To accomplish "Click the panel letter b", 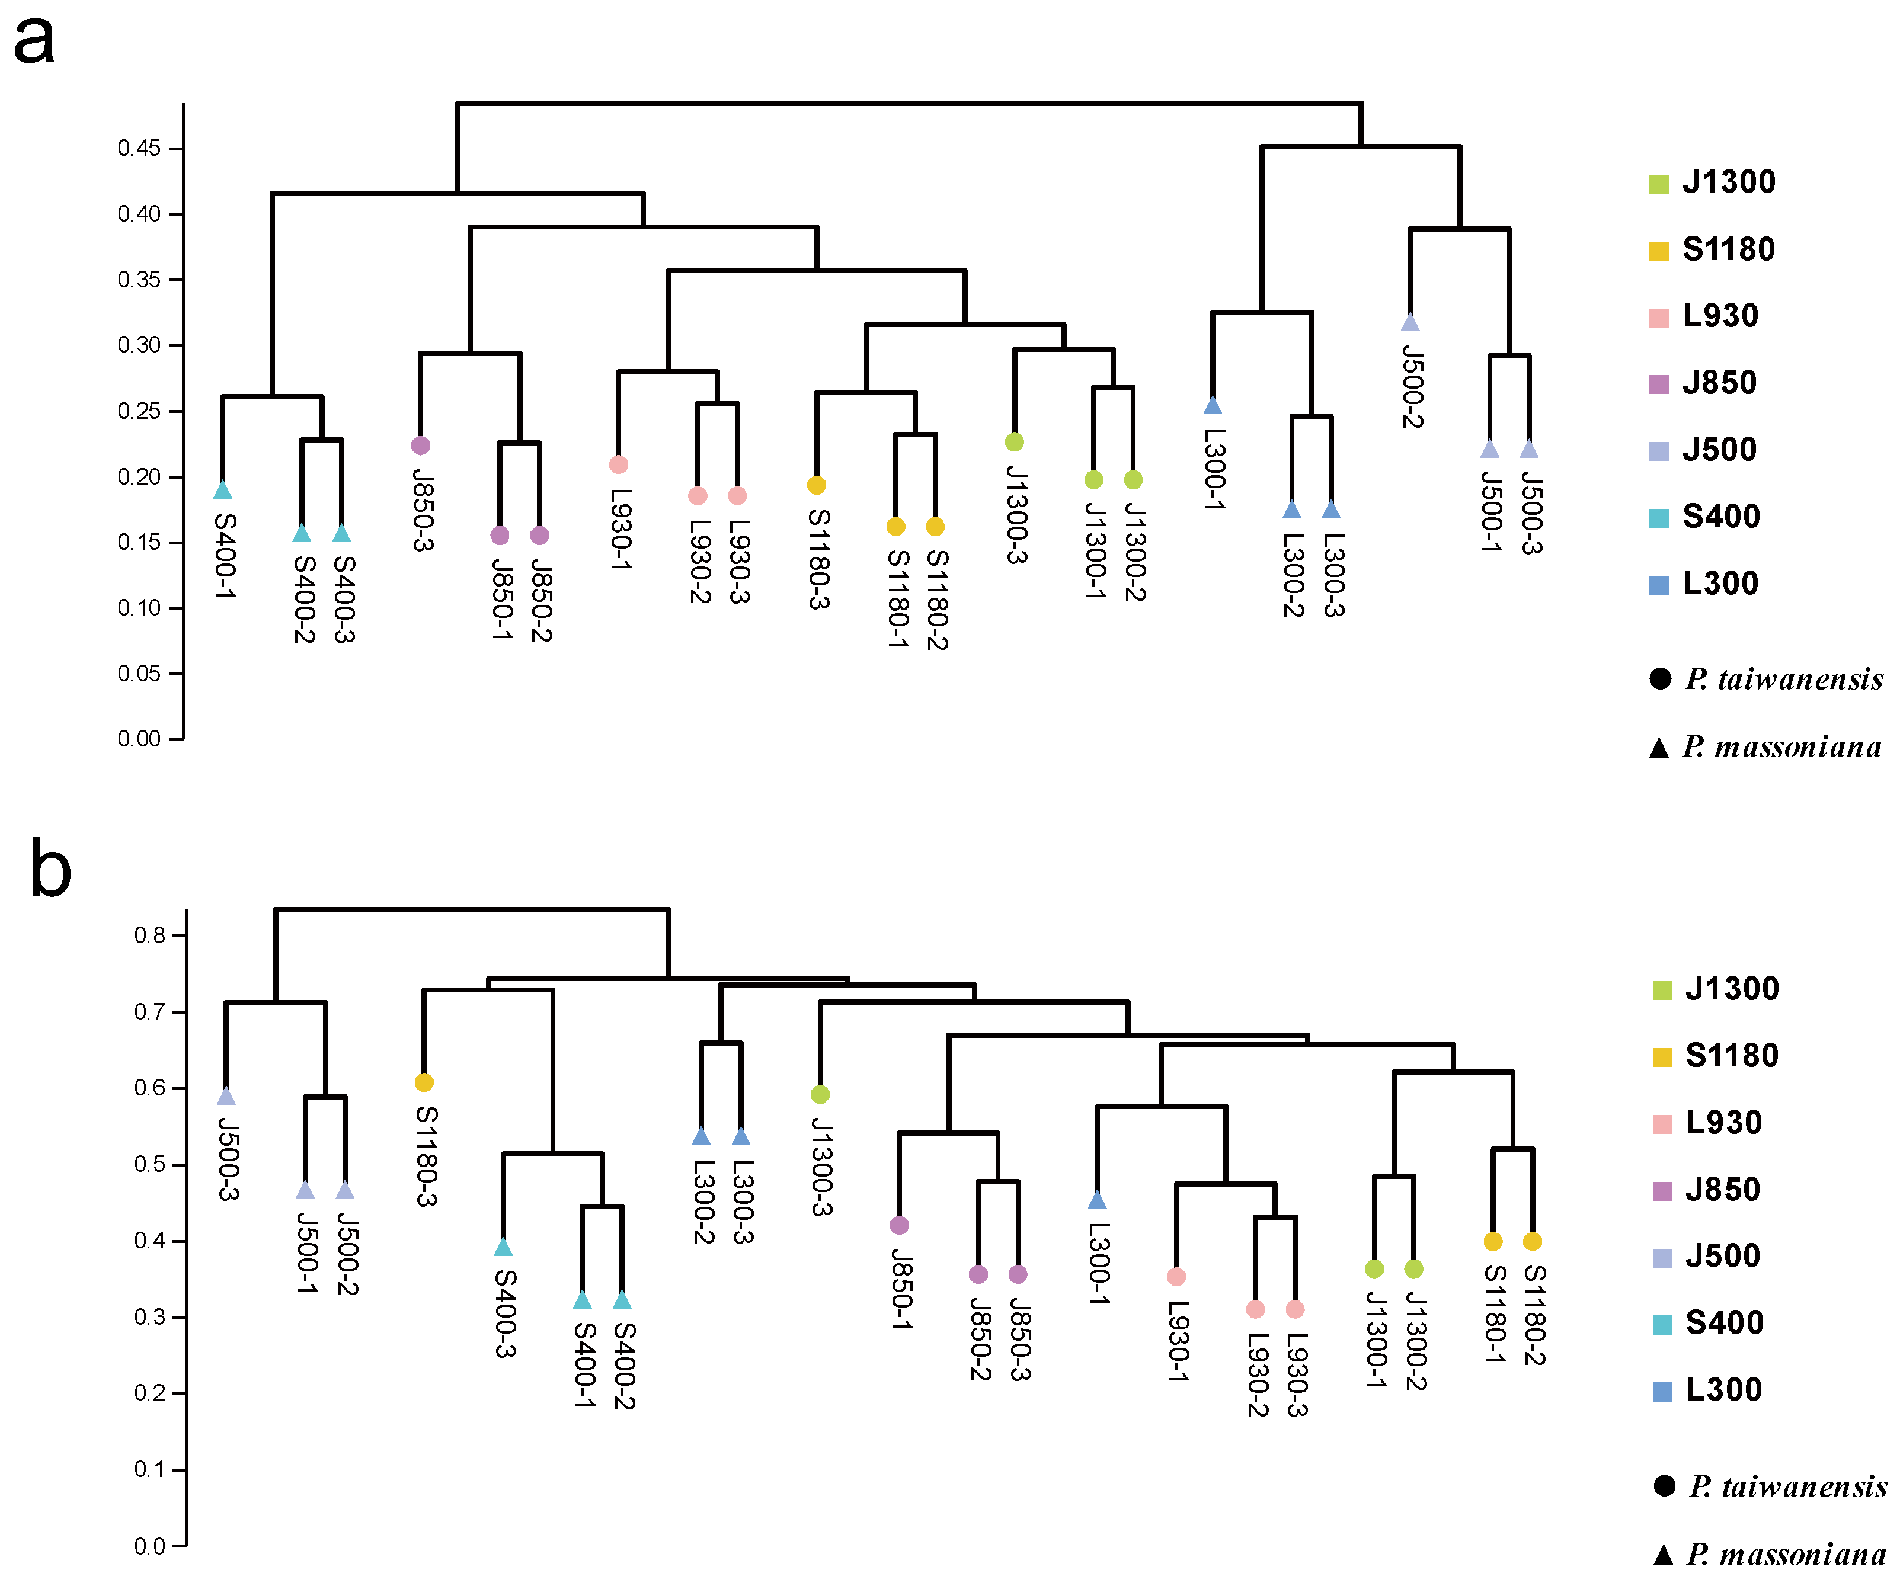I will [50, 869].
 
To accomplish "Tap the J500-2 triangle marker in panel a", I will [1410, 323].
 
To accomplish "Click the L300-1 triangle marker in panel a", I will [1213, 406].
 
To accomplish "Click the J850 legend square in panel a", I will [1658, 385].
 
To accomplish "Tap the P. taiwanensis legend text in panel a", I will [1783, 680].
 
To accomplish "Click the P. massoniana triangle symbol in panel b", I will [1663, 1555].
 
